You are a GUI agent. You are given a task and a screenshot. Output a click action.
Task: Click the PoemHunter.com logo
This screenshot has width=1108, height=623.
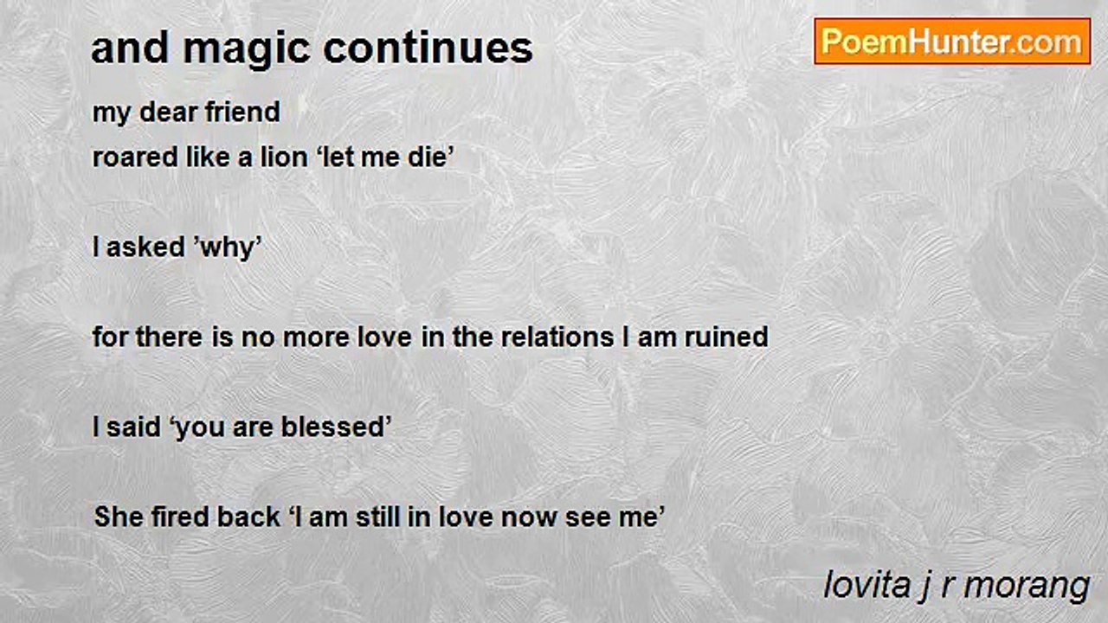point(952,42)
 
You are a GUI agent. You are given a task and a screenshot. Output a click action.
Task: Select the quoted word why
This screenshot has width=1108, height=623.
point(229,248)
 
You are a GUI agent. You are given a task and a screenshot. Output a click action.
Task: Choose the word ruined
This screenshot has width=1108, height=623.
point(725,337)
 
